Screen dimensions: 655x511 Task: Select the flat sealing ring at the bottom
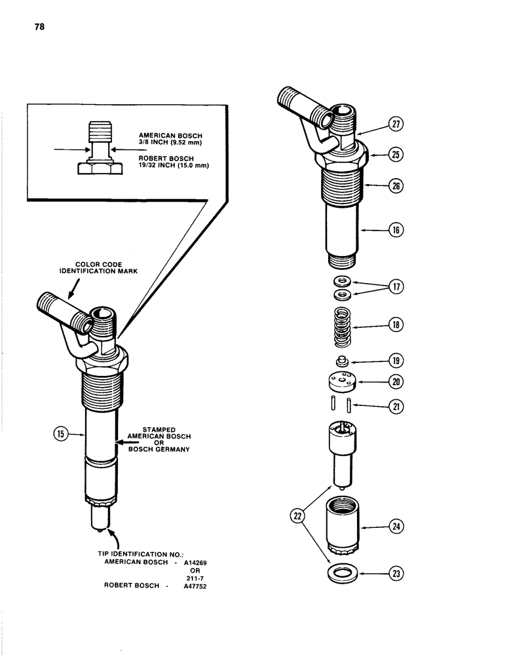pos(341,574)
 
